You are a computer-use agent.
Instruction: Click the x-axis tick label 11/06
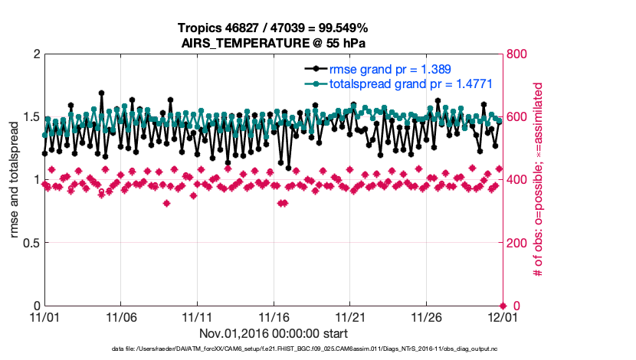point(121,316)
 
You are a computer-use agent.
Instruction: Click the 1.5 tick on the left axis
point(31,117)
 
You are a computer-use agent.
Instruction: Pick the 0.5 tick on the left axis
point(31,243)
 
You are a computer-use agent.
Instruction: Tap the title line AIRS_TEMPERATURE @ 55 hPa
point(273,42)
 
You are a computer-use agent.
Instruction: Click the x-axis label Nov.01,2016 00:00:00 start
point(274,333)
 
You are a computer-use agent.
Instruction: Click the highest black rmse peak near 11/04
point(101,93)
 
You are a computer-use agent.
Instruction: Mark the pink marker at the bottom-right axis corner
point(502,306)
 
